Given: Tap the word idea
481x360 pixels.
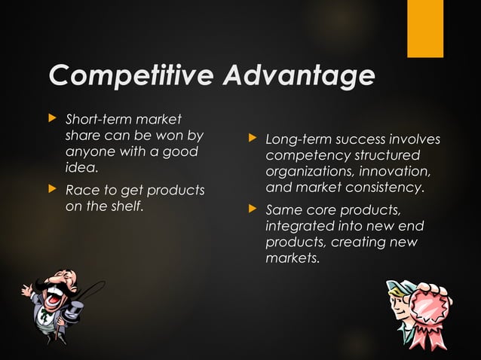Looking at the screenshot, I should [x=82, y=168].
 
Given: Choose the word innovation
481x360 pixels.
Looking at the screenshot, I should [x=397, y=171].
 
